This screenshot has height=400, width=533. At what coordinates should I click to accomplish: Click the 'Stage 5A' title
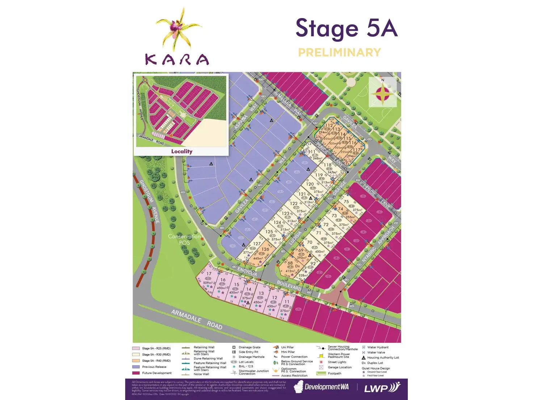point(347,29)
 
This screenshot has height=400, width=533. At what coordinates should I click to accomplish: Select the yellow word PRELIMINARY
point(339,53)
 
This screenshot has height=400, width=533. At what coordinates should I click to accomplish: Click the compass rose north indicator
point(383,92)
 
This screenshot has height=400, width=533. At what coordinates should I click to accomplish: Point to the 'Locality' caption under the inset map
point(181,151)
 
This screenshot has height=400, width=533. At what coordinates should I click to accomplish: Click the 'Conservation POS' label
point(184,239)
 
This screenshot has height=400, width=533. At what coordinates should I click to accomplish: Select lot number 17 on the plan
point(209,274)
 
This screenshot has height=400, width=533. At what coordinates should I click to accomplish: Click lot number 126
point(265,249)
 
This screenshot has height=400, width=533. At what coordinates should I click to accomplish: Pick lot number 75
point(347,202)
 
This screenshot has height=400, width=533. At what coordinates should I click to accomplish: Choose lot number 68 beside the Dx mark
point(290,263)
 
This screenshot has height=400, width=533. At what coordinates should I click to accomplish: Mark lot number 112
point(329,126)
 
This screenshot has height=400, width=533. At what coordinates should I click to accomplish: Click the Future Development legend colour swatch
point(136,373)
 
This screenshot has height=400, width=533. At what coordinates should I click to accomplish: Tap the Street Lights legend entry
point(337,362)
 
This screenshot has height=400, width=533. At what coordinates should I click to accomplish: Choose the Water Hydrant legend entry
point(378,347)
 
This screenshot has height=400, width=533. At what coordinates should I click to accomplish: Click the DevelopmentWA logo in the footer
point(322,387)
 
